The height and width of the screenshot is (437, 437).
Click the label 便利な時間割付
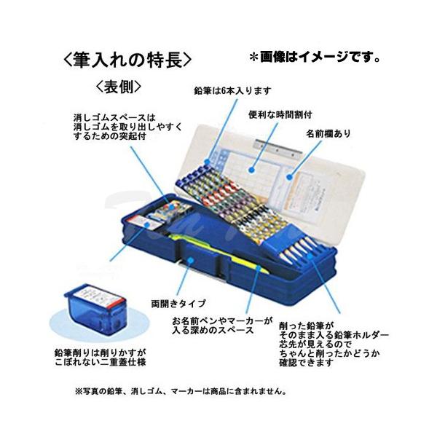(280, 115)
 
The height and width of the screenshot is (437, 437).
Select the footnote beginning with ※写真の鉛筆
(179, 390)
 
